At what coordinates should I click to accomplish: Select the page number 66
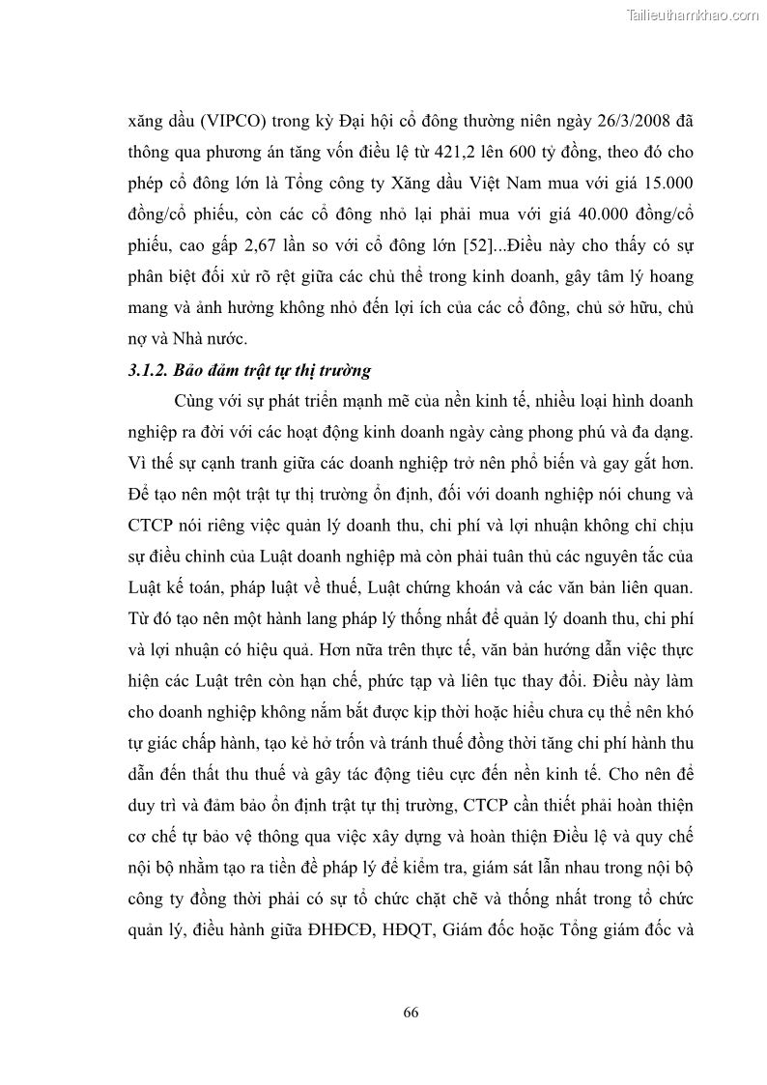tap(411, 1012)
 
